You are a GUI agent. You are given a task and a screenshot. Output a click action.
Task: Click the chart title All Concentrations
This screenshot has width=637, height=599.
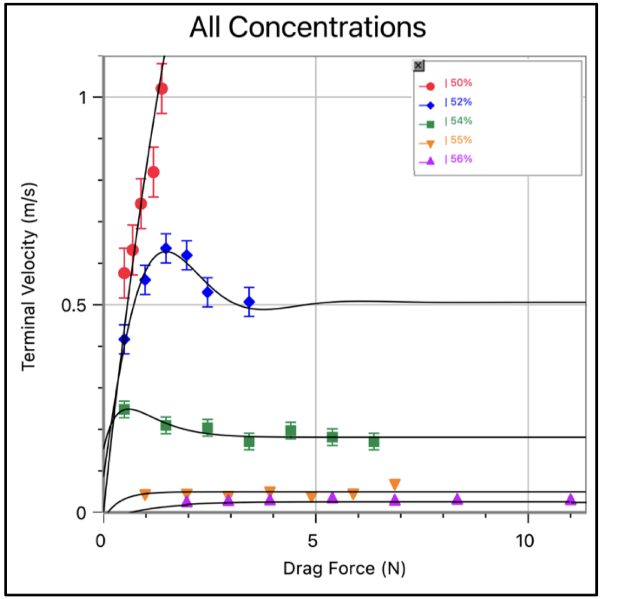click(308, 27)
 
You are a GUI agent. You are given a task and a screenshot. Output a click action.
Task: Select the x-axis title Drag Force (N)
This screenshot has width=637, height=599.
click(344, 568)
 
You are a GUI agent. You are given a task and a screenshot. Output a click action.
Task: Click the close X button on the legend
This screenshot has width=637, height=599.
click(418, 66)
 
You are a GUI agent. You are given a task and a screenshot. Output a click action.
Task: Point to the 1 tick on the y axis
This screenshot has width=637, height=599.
click(83, 98)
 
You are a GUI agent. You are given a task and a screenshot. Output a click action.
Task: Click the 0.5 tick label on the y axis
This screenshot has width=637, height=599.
click(74, 306)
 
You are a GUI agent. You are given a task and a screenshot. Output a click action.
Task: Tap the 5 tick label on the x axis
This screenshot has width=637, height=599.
click(312, 541)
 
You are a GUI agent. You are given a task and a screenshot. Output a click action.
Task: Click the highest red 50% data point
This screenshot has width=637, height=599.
click(161, 88)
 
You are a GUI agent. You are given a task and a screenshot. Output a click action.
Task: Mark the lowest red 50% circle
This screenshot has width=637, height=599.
click(124, 273)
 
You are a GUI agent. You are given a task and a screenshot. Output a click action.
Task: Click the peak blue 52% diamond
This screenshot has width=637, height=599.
click(166, 248)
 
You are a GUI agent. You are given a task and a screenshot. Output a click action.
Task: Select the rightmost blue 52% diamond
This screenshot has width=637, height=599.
click(249, 302)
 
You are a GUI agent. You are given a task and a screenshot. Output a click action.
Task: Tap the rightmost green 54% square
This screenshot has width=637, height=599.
click(374, 441)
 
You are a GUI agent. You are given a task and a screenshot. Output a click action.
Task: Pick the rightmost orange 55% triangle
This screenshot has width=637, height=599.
click(395, 484)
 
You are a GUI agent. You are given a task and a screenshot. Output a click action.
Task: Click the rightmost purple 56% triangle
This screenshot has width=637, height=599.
click(571, 500)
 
